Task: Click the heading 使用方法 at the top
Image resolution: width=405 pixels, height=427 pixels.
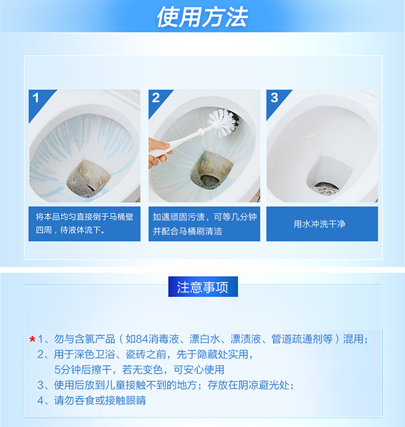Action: (202, 17)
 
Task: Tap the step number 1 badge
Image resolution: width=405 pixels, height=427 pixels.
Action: (36, 98)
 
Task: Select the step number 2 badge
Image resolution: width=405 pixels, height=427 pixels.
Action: (156, 98)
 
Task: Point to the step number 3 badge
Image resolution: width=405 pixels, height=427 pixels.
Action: (274, 98)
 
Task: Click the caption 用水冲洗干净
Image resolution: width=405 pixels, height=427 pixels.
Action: (322, 224)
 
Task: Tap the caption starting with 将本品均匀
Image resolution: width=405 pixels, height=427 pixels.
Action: (84, 223)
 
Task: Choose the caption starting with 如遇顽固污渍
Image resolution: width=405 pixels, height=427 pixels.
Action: (204, 223)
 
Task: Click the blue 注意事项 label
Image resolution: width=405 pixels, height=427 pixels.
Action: (202, 287)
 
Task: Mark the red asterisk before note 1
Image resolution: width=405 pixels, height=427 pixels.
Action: (32, 340)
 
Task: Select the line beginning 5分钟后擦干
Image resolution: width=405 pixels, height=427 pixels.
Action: (139, 370)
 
